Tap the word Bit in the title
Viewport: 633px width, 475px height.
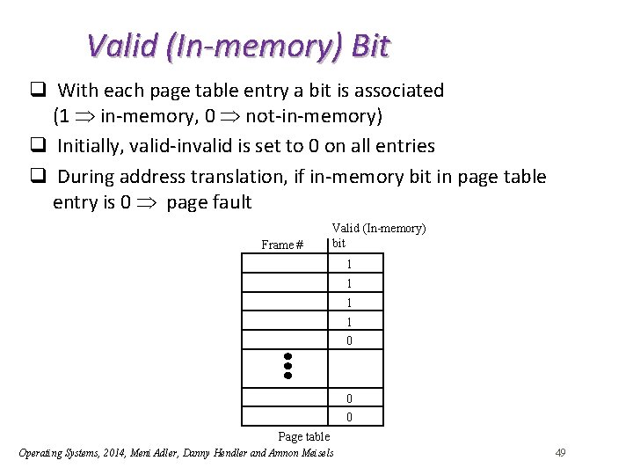click(x=370, y=45)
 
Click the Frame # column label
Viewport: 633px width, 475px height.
click(x=282, y=245)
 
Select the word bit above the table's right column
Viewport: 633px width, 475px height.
click(x=339, y=242)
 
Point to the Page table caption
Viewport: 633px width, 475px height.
click(x=303, y=436)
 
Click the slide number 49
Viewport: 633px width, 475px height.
click(x=560, y=452)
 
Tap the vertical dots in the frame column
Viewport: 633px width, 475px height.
click(x=287, y=365)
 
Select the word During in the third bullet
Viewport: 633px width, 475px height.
click(x=86, y=177)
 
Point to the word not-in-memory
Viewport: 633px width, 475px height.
click(x=314, y=115)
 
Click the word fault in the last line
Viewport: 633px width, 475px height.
click(x=230, y=202)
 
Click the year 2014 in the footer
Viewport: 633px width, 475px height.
click(x=110, y=453)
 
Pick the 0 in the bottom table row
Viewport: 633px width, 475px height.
click(x=349, y=417)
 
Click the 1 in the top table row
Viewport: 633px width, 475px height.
click(x=349, y=264)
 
